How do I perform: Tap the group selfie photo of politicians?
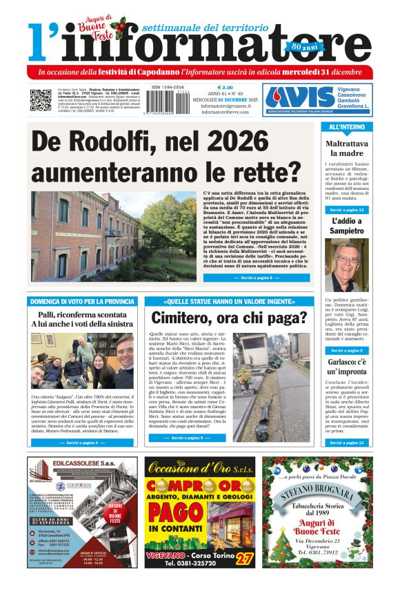tap(82, 361)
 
